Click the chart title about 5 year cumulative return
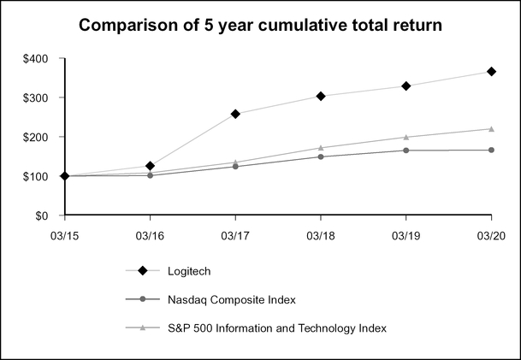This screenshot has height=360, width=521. [260, 26]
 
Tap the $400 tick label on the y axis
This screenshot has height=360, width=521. [35, 59]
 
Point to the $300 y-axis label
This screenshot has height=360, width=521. [35, 98]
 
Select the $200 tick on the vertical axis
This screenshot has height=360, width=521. [35, 137]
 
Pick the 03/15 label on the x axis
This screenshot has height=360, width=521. [65, 233]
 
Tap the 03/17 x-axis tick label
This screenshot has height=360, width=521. [235, 233]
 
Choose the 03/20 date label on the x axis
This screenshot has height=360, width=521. [490, 233]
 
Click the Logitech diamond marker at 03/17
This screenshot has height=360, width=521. [235, 114]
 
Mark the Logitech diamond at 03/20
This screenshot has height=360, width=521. [491, 72]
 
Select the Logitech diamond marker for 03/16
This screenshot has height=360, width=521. [150, 166]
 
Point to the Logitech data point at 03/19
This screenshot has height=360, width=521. [406, 86]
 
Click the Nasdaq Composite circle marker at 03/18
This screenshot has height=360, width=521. [321, 156]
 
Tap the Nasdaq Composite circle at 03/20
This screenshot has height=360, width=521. [491, 150]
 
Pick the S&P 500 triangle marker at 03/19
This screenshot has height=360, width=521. [406, 137]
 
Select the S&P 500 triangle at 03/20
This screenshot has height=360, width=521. [491, 128]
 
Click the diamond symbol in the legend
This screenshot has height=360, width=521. [143, 271]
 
